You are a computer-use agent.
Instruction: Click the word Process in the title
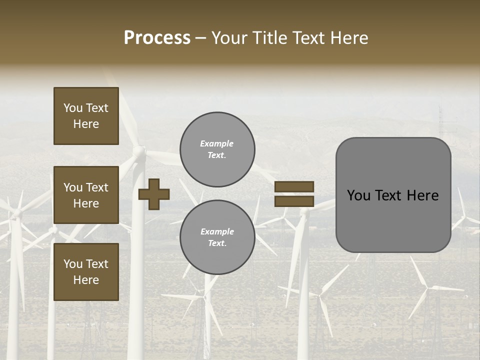157,38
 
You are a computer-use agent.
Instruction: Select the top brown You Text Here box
86,116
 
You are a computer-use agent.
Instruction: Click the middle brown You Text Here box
86,195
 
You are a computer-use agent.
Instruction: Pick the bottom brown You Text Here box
86,272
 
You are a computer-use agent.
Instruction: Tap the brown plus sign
154,194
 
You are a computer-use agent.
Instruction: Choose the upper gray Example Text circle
217,149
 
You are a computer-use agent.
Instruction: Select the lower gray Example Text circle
217,237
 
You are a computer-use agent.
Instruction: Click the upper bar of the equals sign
294,187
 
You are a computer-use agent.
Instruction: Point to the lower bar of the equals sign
294,201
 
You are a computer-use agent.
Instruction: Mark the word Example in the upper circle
216,144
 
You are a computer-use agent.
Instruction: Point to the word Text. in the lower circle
217,243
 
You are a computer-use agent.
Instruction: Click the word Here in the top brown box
86,124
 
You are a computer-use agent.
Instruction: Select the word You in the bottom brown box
73,264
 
